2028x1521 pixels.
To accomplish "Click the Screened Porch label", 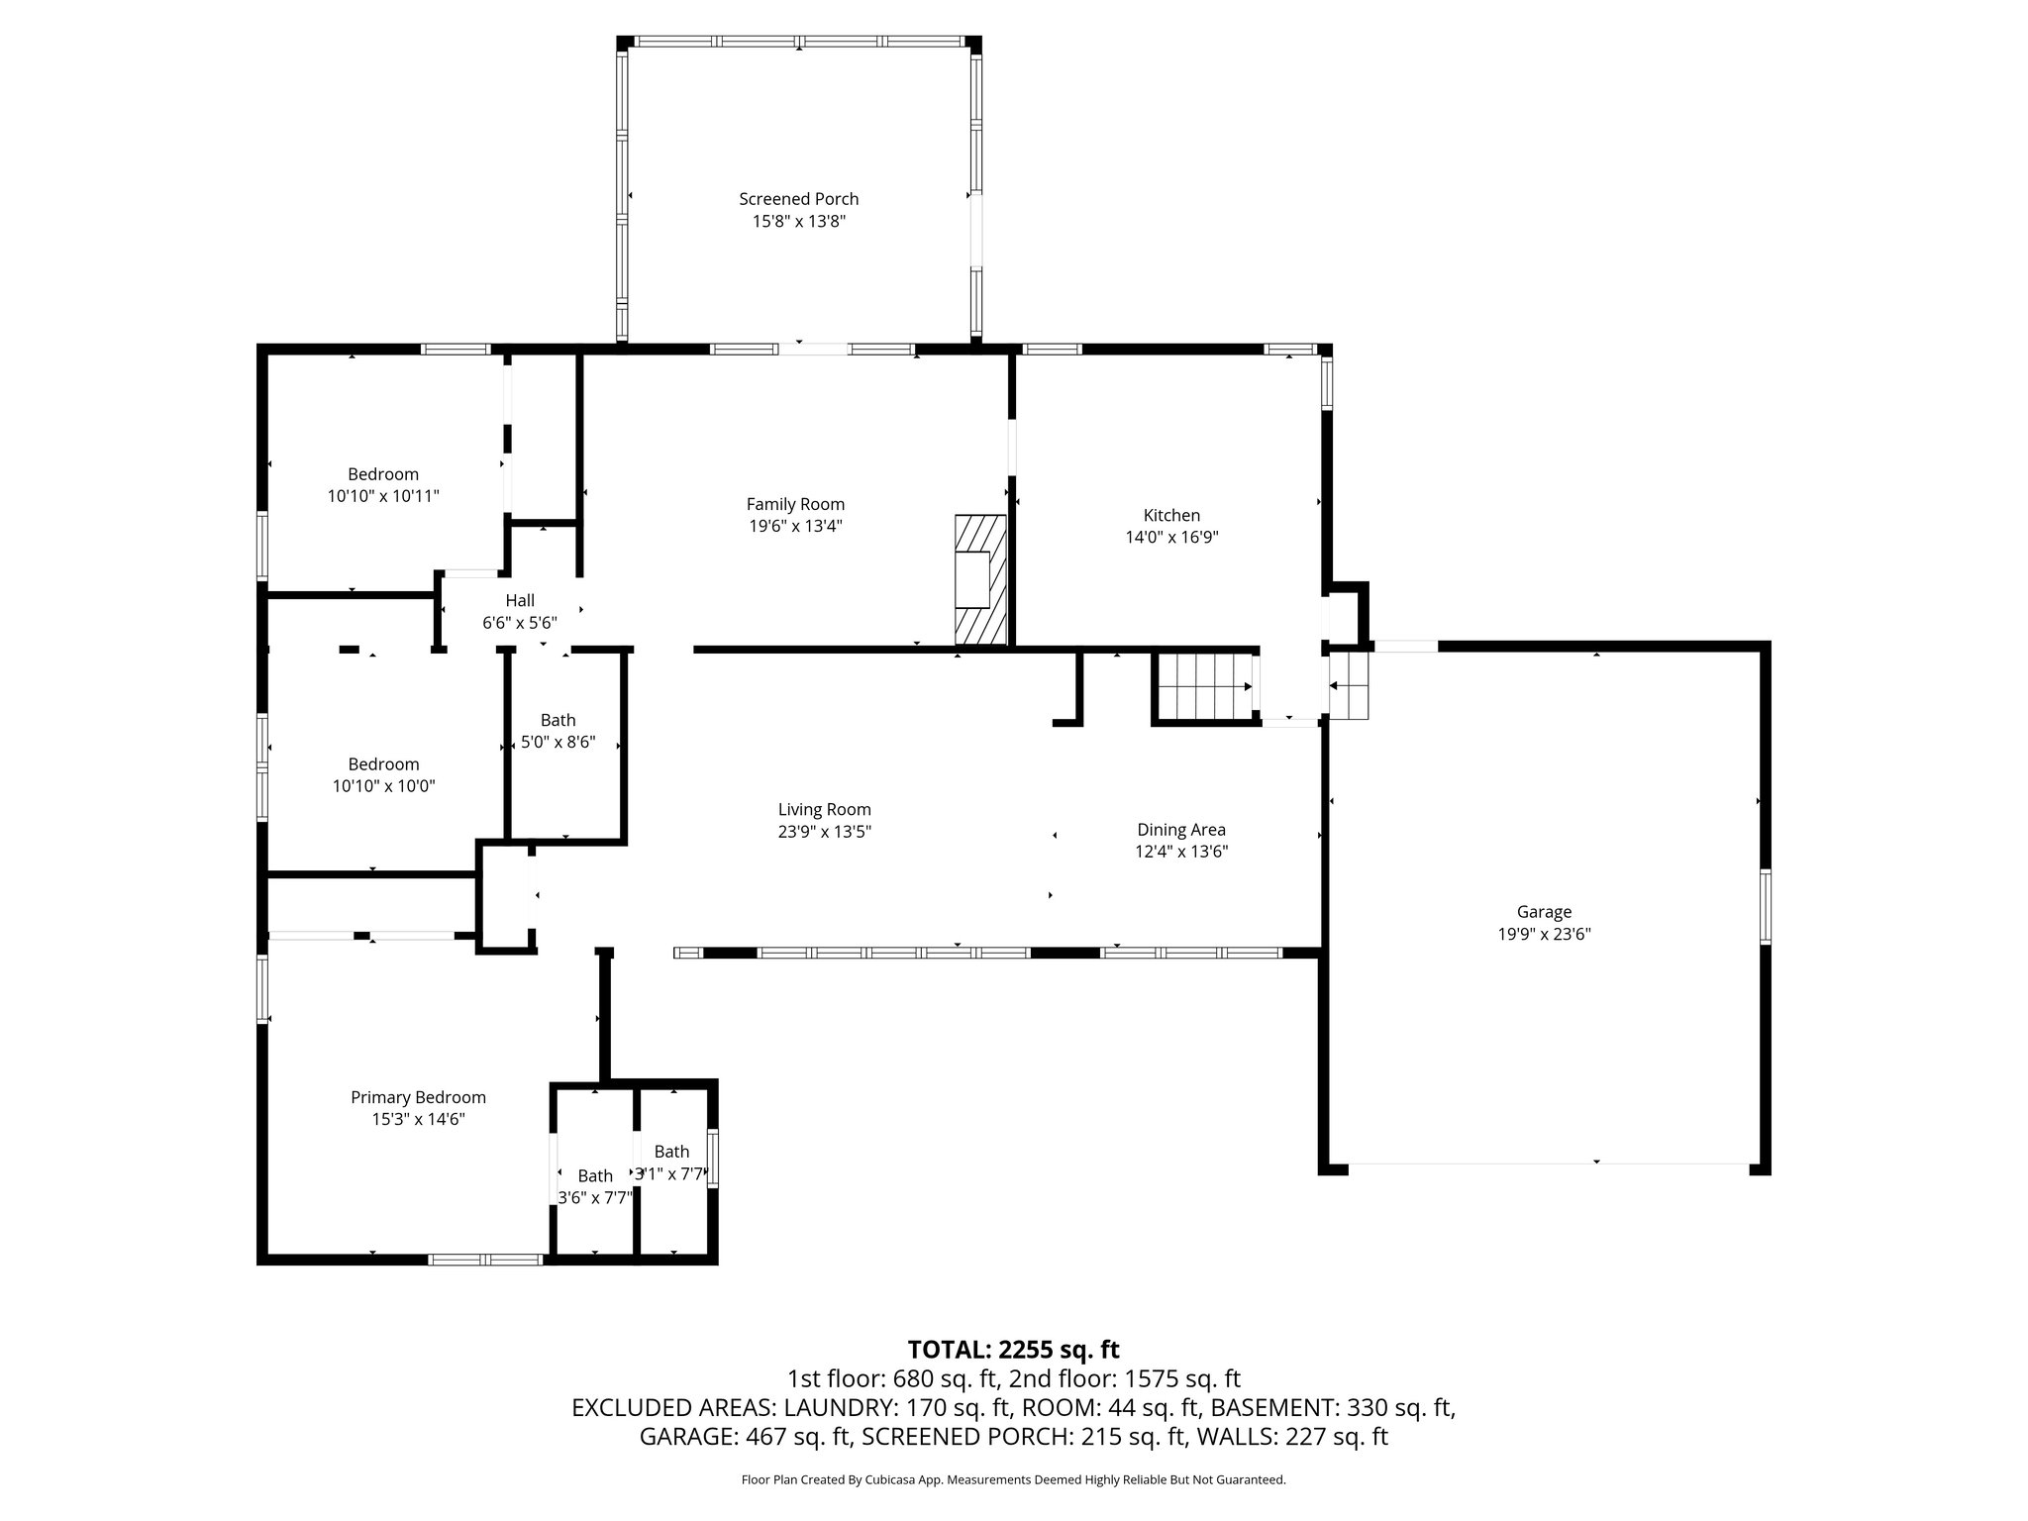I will [x=798, y=199].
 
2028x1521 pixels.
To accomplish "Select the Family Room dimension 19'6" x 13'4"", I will [x=795, y=526].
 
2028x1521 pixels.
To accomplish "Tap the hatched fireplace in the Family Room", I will [x=980, y=580].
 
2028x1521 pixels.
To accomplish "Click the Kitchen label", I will [x=1171, y=515].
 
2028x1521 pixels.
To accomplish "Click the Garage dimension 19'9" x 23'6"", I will [x=1544, y=934].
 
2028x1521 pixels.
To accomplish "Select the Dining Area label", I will [x=1180, y=830].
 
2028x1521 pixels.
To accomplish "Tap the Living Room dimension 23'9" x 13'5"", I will [x=824, y=832].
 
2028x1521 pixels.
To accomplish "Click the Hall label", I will [x=520, y=600].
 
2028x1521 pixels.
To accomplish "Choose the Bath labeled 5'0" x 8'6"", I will [x=558, y=721].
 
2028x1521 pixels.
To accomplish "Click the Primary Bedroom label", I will [x=418, y=1097].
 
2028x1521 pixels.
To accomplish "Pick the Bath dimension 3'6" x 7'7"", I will [x=594, y=1197].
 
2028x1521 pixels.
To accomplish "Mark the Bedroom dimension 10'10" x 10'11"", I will [x=383, y=496].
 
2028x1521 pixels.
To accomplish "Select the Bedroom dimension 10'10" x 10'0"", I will [x=383, y=786].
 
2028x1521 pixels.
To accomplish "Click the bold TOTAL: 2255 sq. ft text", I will [x=1013, y=1350].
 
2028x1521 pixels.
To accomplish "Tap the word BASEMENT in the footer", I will [x=1272, y=1407].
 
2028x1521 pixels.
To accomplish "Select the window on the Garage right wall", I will [x=1765, y=906].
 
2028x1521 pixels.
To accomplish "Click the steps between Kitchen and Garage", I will [x=1348, y=685].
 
